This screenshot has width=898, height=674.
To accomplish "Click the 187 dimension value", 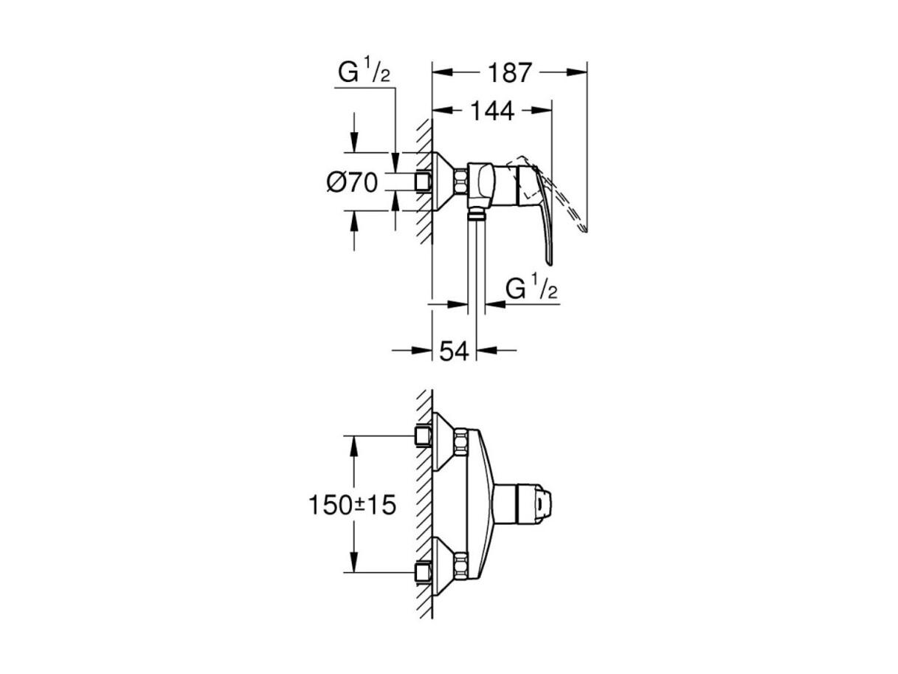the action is (x=510, y=73).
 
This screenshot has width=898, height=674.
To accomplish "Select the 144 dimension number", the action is (x=492, y=111).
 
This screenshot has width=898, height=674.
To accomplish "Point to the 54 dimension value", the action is (x=454, y=351).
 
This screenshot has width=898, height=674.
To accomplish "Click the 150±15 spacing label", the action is (x=352, y=505).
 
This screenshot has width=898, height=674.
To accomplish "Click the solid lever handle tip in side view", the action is (x=550, y=261).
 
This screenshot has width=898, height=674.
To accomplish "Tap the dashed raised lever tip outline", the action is (x=583, y=228).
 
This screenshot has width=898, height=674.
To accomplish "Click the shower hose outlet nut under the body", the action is (x=476, y=213).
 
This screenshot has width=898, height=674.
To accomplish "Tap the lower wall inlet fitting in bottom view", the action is (x=423, y=572).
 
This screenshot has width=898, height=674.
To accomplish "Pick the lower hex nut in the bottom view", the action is (x=460, y=566).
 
